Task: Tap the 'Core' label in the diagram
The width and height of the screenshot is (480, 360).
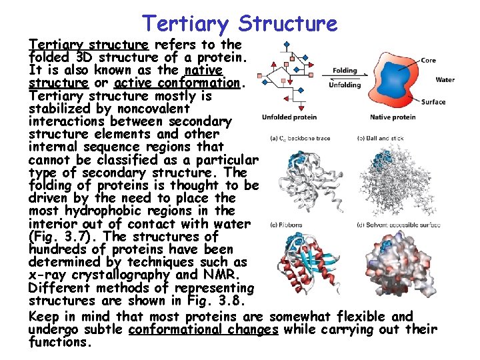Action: [429, 60]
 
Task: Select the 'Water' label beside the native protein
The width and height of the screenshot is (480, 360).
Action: [445, 80]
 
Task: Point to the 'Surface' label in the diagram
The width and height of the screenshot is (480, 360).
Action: [433, 102]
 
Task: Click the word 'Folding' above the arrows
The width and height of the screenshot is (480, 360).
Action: [345, 71]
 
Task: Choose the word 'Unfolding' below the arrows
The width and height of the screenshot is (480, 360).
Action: [345, 85]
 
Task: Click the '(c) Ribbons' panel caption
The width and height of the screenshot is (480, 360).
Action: [286, 225]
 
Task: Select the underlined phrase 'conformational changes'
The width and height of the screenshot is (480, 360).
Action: [203, 329]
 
